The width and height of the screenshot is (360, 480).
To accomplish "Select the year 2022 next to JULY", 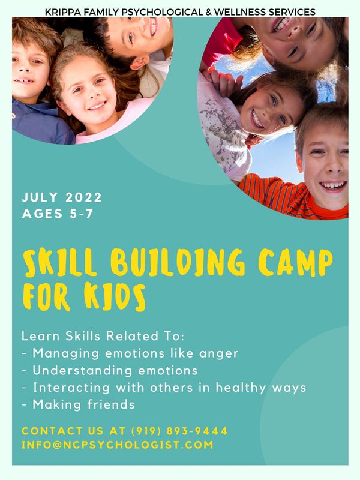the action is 83,197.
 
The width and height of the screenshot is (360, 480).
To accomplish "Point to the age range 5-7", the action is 81,214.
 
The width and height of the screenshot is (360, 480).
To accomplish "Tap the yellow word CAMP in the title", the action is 295,262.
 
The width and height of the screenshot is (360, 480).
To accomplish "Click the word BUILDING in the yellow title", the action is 178,262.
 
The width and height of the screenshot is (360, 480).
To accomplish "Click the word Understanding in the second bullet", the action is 82,370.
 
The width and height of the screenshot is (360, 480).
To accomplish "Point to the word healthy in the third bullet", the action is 241,388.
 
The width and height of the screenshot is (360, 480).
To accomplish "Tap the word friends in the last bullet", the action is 111,404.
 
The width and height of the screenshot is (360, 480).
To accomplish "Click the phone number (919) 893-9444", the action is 179,431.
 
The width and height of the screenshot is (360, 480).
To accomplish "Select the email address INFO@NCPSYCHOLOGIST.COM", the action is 117,445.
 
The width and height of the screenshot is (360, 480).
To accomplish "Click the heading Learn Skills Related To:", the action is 103,336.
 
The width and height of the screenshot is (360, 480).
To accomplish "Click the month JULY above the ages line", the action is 40,197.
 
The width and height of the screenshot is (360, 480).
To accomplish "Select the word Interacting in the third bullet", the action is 71,388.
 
